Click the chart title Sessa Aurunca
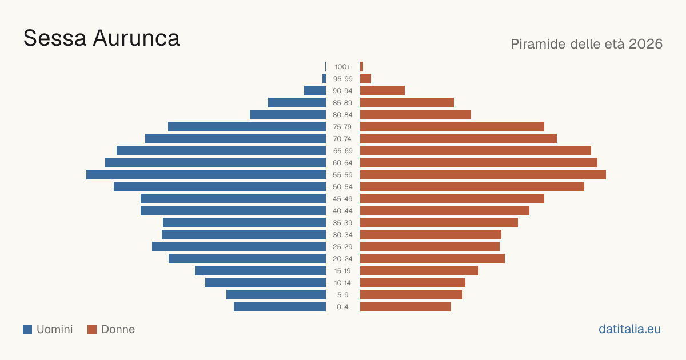pos(101,39)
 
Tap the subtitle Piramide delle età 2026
pos(587,44)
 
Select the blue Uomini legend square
pos(27,329)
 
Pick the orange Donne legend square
pos(92,329)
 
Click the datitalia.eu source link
pos(629,329)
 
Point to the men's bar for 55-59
pos(206,174)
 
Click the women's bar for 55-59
pos(483,174)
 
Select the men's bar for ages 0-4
pos(280,307)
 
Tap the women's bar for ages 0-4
pos(405,307)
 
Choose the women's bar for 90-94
pos(382,91)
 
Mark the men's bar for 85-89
pos(297,102)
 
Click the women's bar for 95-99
pos(365,79)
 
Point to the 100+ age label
pos(342,67)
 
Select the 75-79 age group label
pos(342,127)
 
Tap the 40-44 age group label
pos(342,211)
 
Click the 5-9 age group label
pos(342,295)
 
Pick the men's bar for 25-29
pos(239,247)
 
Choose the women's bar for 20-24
pos(432,259)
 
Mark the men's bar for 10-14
pos(265,282)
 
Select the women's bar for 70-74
pos(458,139)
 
